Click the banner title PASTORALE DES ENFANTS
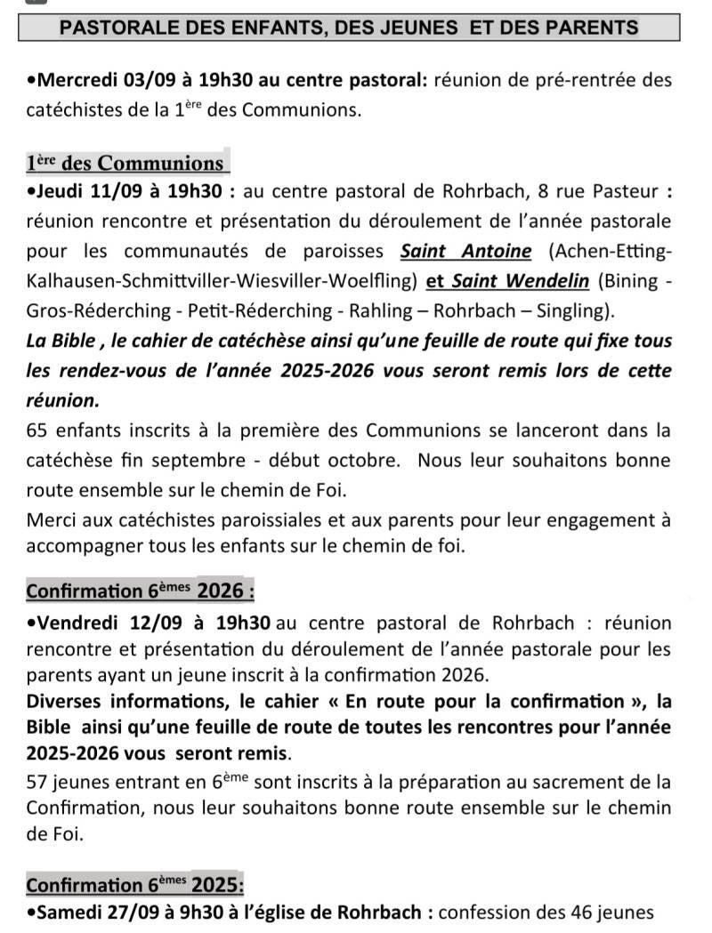point(348,28)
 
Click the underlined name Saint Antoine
point(465,252)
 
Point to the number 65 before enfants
point(38,432)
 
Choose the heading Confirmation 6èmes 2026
point(140,591)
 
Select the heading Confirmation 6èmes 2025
point(135,884)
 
